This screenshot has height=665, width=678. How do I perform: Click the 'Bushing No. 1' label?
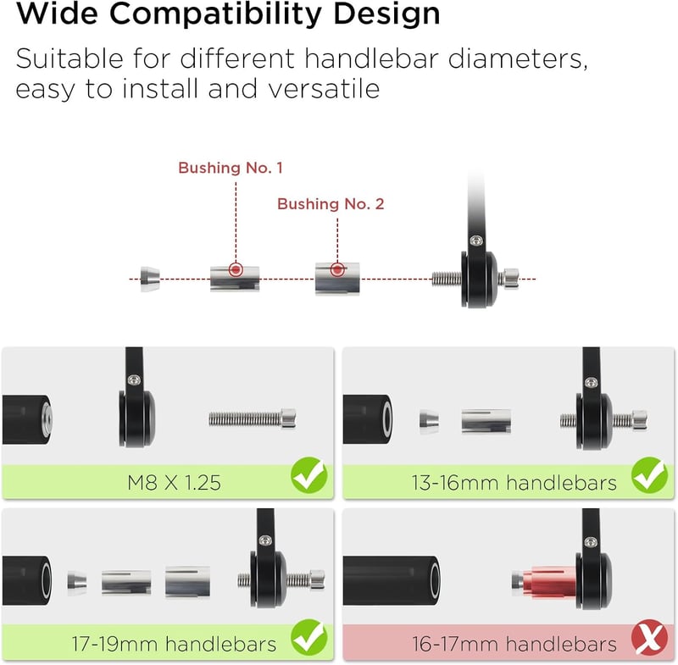tap(231, 168)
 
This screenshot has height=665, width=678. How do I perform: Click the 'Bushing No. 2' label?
tap(331, 204)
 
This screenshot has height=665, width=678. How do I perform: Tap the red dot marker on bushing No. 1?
tap(236, 270)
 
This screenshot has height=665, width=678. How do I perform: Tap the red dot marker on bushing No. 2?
tap(337, 269)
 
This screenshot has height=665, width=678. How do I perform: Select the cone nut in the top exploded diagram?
tap(150, 280)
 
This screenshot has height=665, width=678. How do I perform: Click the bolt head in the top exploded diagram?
tap(509, 279)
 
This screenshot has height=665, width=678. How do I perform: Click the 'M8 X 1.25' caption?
tap(174, 483)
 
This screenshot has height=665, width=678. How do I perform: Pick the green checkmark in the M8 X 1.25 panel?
tap(308, 476)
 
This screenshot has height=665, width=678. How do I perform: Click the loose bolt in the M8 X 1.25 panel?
tap(253, 418)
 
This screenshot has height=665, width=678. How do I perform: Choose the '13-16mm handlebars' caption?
tap(514, 483)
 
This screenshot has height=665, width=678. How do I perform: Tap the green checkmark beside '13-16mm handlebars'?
tap(649, 476)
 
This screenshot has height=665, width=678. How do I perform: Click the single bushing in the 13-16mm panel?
tap(486, 421)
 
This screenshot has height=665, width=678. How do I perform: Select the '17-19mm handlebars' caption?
tap(174, 645)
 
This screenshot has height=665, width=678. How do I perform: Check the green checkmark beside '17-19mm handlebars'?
tap(308, 637)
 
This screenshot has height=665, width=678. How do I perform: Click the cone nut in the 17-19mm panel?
tap(77, 581)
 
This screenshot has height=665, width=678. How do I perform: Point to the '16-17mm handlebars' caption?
tap(514, 645)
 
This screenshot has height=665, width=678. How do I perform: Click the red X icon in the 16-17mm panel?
tap(649, 638)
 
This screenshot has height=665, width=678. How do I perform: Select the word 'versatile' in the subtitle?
tap(324, 89)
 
